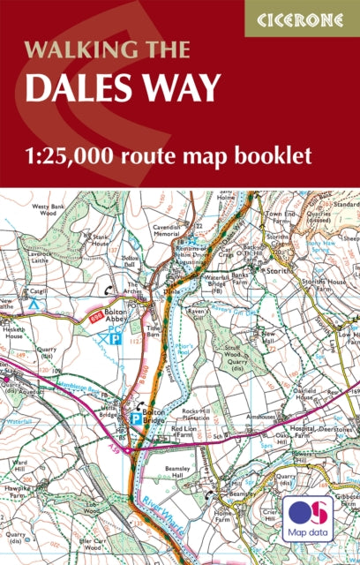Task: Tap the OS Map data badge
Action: tap(307, 520)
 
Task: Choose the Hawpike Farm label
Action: tap(19, 488)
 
